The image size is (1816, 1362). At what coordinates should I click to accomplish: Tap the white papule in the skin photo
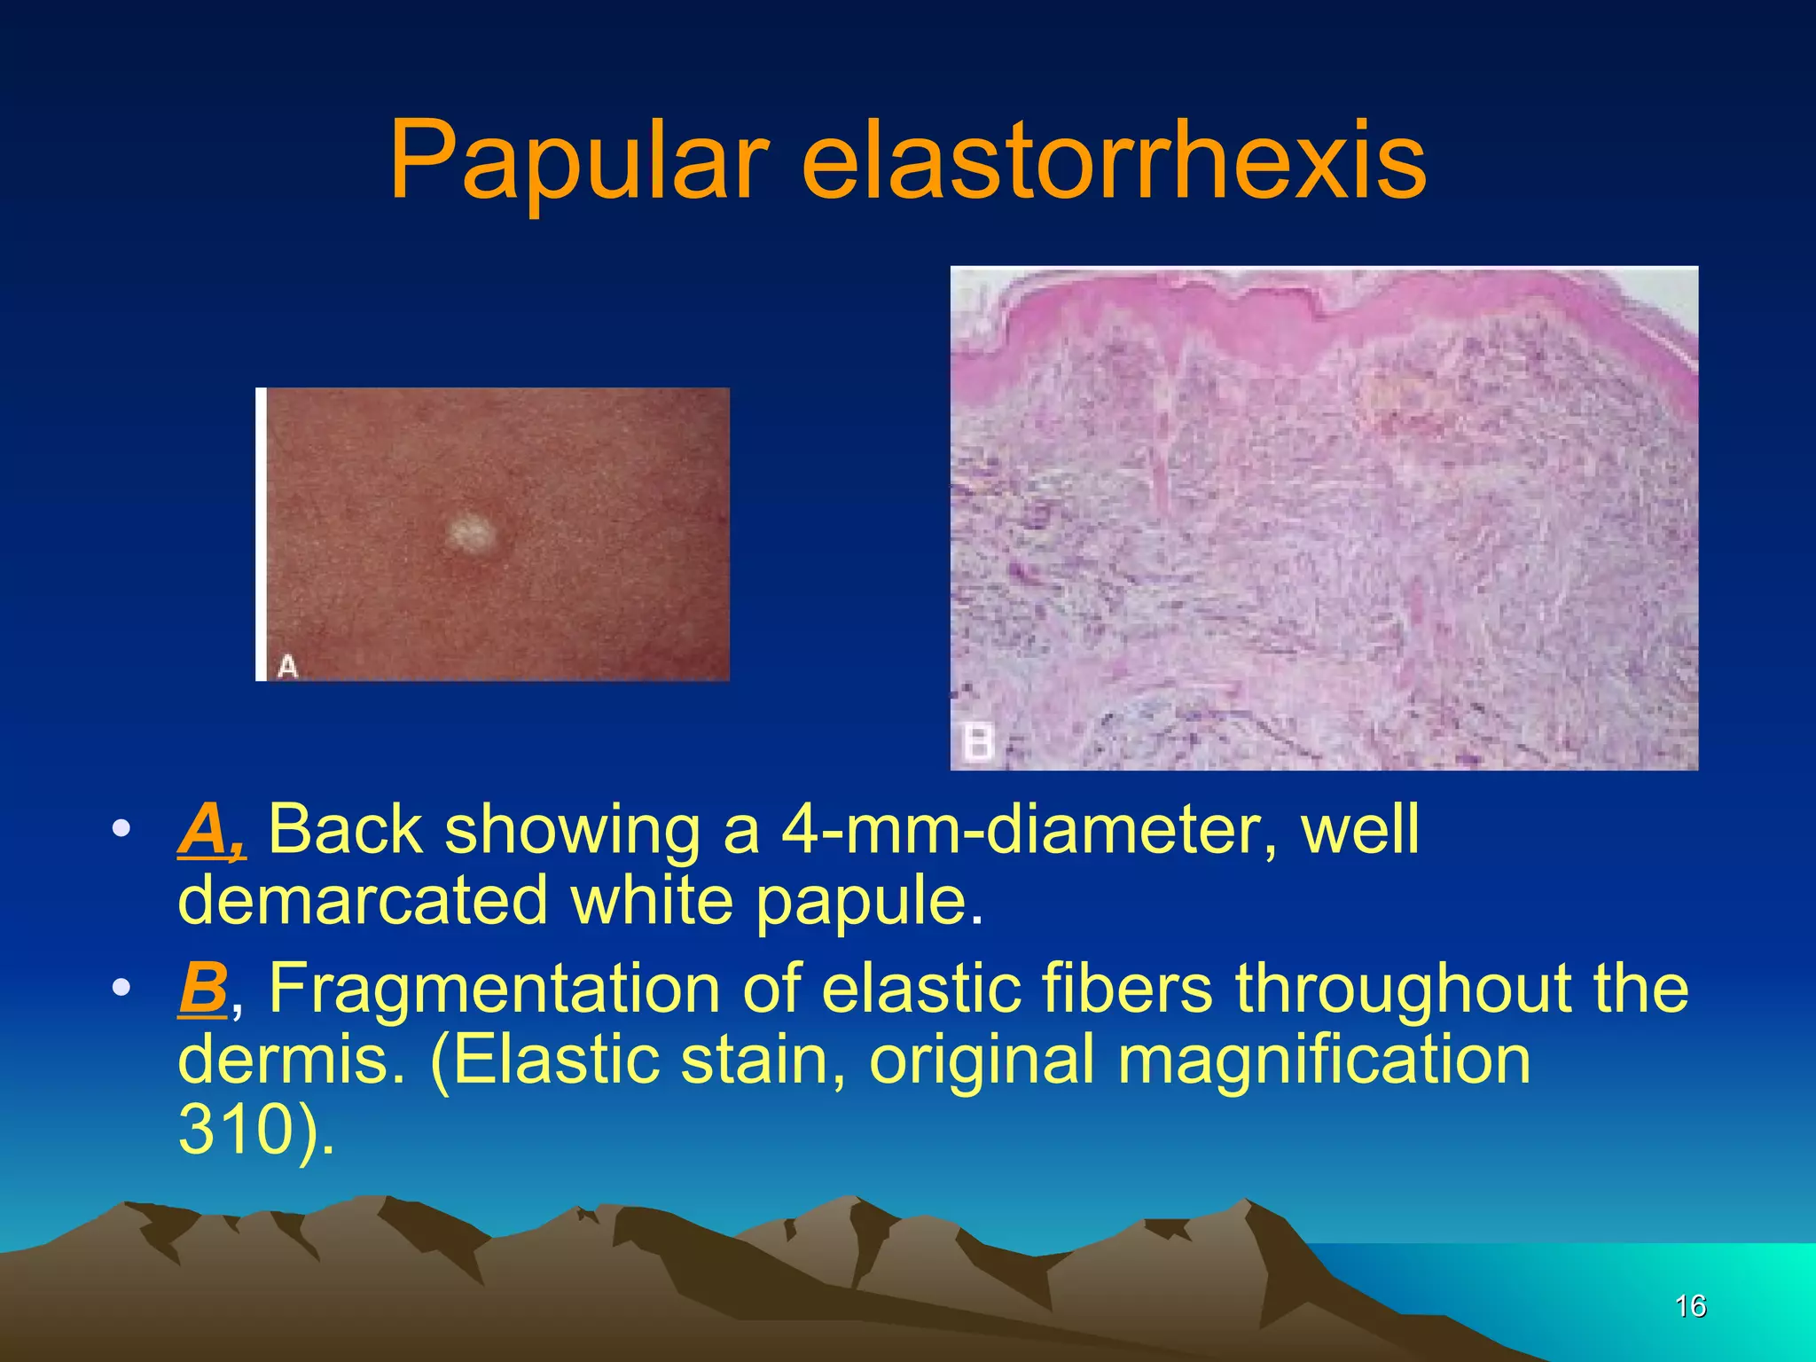pyautogui.click(x=470, y=533)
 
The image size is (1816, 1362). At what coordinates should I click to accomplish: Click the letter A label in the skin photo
pyautogui.click(x=287, y=665)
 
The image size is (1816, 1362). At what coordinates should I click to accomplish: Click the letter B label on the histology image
pyautogui.click(x=978, y=741)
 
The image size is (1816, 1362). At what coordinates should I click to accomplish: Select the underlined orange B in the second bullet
pyautogui.click(x=203, y=988)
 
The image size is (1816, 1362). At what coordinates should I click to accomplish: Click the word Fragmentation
pyautogui.click(x=494, y=988)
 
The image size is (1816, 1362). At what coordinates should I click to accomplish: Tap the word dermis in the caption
pyautogui.click(x=283, y=1060)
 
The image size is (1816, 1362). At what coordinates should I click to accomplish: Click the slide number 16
pyautogui.click(x=1690, y=1305)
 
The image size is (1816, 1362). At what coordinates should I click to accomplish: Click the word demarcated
pyautogui.click(x=362, y=901)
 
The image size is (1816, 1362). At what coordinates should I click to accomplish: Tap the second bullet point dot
pyautogui.click(x=121, y=988)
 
